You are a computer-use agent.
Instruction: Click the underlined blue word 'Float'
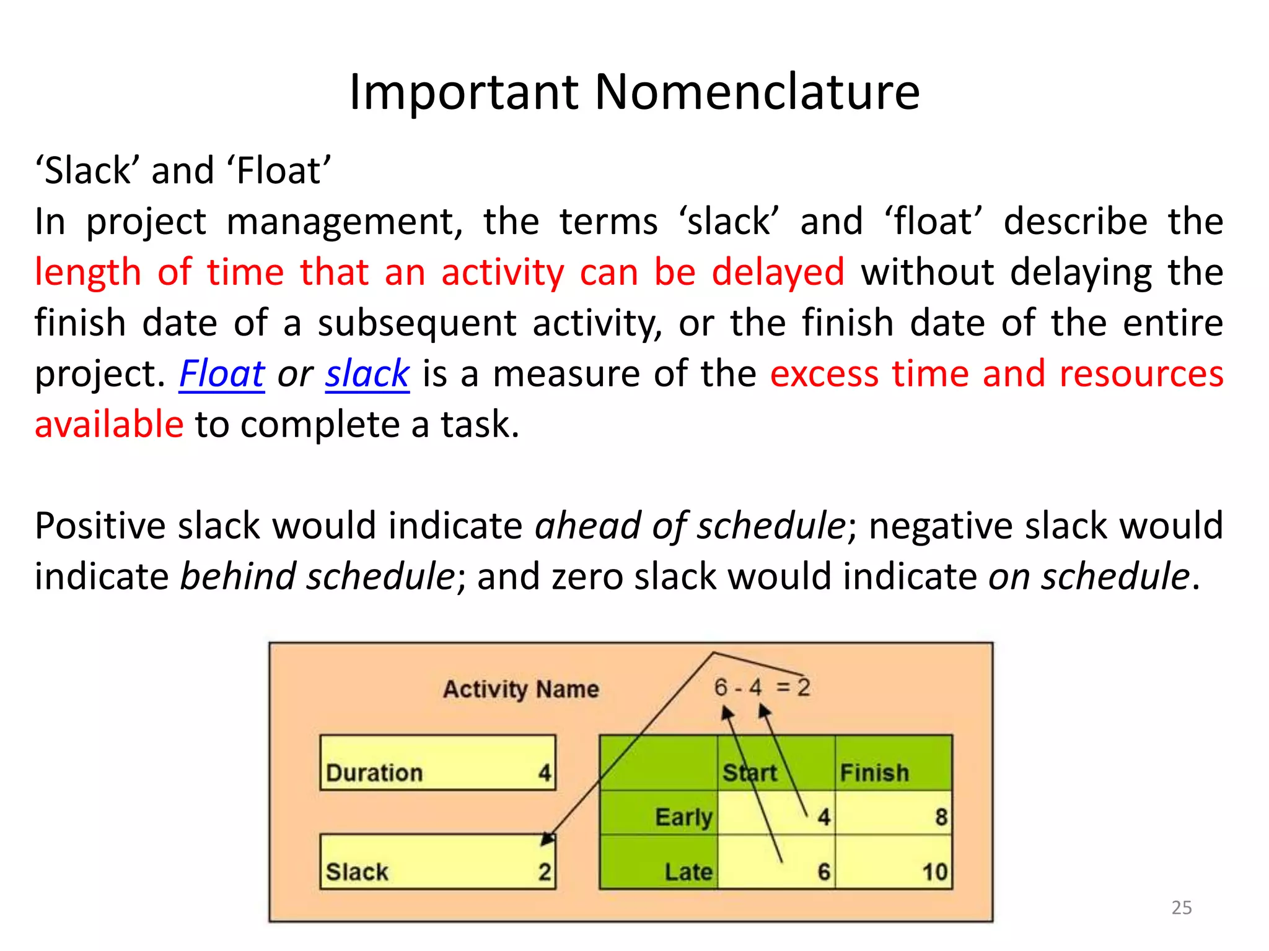click(x=222, y=374)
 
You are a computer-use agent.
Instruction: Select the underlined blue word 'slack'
click(x=367, y=374)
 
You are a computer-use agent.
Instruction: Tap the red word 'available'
click(x=109, y=425)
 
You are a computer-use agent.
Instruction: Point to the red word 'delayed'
click(x=778, y=272)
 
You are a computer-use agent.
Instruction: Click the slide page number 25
click(x=1182, y=908)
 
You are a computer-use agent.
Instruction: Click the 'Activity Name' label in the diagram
click(x=520, y=689)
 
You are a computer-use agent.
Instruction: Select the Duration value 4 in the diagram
click(x=545, y=773)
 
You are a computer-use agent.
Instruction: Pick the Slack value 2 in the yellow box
click(x=545, y=872)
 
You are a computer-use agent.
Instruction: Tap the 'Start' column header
click(x=750, y=773)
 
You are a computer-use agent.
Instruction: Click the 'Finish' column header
click(x=874, y=773)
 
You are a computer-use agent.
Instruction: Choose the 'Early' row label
click(x=684, y=817)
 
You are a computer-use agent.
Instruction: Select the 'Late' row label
click(x=688, y=872)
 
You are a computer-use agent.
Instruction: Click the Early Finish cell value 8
click(x=941, y=817)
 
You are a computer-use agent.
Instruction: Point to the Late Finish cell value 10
click(x=935, y=872)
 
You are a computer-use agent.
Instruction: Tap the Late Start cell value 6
click(x=823, y=872)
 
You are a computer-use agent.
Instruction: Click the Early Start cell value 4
click(x=823, y=817)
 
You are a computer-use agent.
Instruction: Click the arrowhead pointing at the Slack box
click(x=547, y=839)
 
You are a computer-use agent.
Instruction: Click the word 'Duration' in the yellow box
click(x=374, y=773)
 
